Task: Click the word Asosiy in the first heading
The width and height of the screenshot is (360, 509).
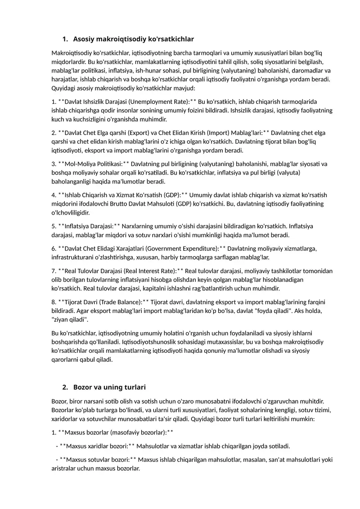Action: tap(83, 39)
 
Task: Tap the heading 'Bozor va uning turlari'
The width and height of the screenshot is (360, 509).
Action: tap(109, 387)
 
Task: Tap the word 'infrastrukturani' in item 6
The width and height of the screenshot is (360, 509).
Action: tap(74, 257)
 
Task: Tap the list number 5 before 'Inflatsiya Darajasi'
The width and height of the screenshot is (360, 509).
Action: tap(54, 226)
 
